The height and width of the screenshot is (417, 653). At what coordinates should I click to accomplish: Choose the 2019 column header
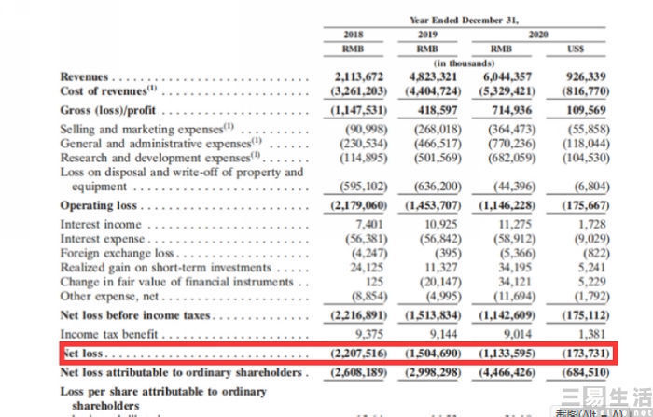click(429, 35)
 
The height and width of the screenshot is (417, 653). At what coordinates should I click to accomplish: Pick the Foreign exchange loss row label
click(118, 253)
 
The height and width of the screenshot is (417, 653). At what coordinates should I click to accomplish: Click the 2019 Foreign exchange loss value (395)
click(444, 253)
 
